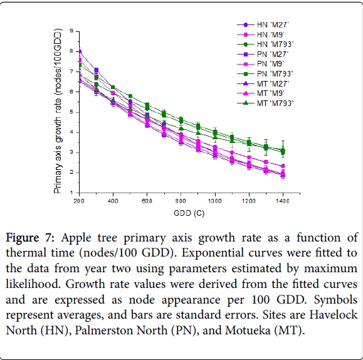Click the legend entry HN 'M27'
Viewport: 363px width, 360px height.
click(263, 25)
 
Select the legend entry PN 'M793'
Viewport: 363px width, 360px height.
click(265, 74)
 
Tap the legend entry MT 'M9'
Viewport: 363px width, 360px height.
click(261, 93)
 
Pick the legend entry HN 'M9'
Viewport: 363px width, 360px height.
click(261, 34)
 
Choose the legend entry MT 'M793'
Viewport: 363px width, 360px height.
click(265, 103)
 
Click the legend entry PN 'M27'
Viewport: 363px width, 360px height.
click(263, 55)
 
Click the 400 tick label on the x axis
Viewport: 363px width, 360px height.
click(113, 201)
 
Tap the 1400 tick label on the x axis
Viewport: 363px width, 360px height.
click(283, 201)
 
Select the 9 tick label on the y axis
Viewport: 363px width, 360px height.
click(71, 31)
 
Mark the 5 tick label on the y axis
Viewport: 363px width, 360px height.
click(71, 112)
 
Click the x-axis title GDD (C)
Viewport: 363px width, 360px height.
click(189, 213)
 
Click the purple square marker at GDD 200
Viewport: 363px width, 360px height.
click(80, 51)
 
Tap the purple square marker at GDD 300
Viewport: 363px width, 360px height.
click(97, 70)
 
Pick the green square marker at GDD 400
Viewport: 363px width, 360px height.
click(113, 87)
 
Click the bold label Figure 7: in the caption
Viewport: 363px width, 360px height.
click(30, 238)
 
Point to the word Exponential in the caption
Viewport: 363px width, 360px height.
click(212, 253)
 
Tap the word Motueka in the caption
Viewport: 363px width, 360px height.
click(248, 330)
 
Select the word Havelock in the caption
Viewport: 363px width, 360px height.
click(334, 315)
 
